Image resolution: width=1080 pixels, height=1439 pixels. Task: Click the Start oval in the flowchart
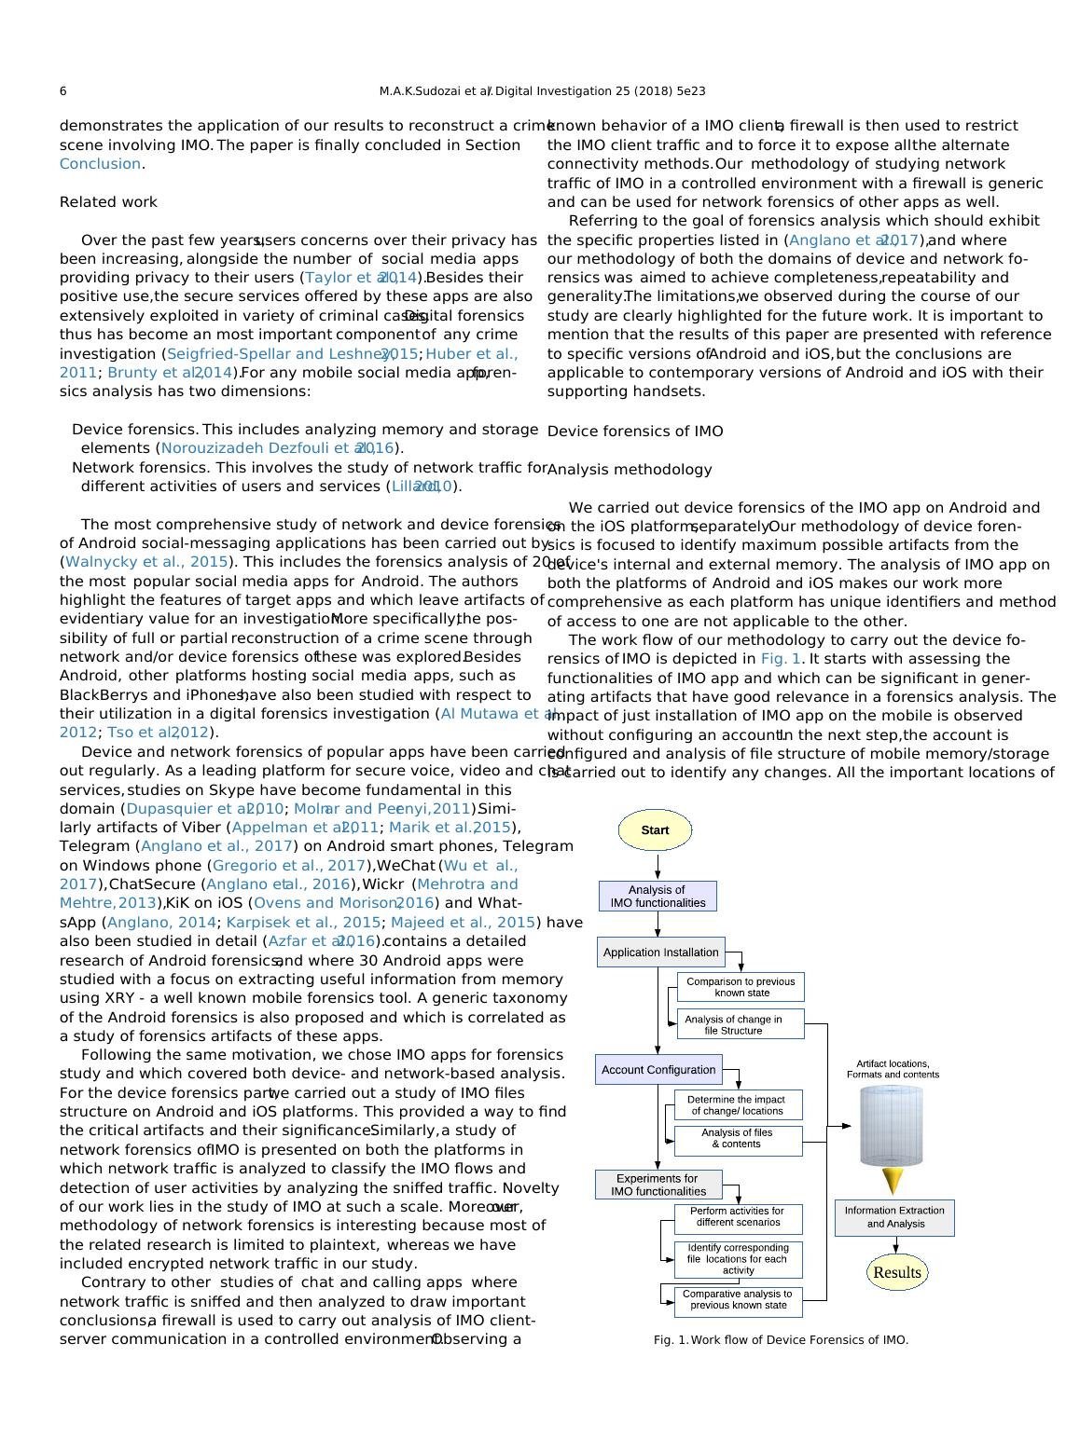click(655, 829)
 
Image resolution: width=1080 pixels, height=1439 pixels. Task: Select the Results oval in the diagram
click(896, 1272)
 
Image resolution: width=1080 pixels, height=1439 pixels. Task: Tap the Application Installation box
click(660, 952)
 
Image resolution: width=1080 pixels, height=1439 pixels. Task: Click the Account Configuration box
click(658, 1069)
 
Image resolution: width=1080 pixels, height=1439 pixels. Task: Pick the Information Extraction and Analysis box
click(894, 1217)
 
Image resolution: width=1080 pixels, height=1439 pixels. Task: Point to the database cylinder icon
click(891, 1125)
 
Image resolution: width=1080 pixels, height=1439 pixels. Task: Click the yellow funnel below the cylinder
click(893, 1181)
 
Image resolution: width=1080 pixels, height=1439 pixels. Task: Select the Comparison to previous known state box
click(741, 986)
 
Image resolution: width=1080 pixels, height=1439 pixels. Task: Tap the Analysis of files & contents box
click(737, 1139)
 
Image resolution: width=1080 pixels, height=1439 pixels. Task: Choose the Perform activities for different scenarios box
click(738, 1216)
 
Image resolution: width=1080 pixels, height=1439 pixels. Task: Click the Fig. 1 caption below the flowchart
click(781, 1340)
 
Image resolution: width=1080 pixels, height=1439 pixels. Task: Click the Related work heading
click(108, 202)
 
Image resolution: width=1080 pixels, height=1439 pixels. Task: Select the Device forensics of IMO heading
click(634, 431)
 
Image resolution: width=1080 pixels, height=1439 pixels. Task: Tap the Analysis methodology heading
click(629, 469)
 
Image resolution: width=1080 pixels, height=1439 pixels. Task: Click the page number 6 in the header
click(62, 91)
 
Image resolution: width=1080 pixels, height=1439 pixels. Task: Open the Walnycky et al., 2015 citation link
click(146, 561)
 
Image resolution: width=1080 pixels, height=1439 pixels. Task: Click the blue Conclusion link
click(100, 164)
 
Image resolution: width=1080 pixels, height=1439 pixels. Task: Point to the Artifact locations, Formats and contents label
click(893, 1069)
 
